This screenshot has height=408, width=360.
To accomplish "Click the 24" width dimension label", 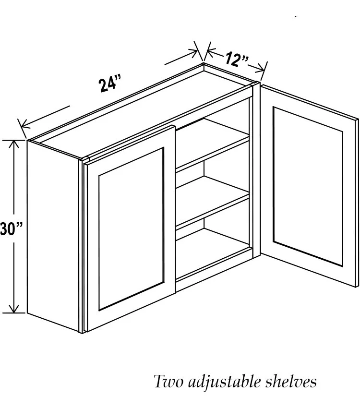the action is click(109, 84).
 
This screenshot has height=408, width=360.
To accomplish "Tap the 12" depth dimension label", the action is click(236, 60).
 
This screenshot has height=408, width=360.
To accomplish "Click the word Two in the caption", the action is click(169, 382).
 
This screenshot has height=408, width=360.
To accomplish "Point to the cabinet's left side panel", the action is click(53, 235).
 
